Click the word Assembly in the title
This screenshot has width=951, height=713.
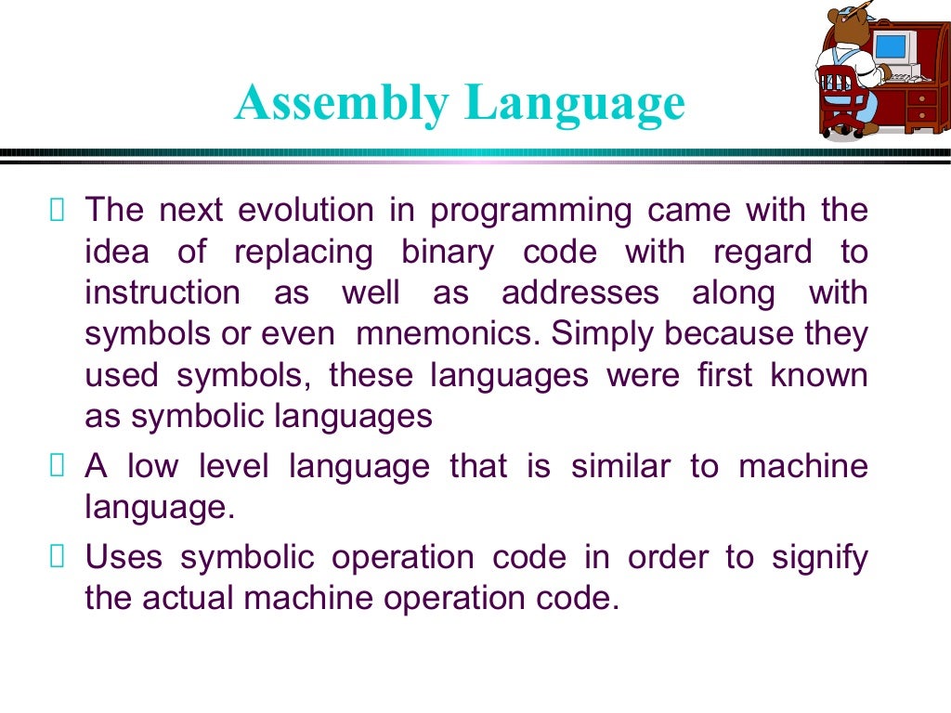(x=341, y=103)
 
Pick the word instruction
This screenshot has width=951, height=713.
(x=162, y=292)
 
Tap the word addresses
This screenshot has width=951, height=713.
(x=580, y=292)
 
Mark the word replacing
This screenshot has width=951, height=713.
(x=303, y=253)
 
